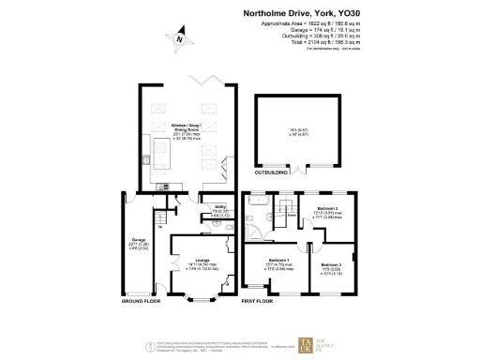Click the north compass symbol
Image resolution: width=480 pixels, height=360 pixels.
pyautogui.click(x=179, y=39)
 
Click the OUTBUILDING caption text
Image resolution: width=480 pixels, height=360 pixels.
pyautogui.click(x=272, y=172)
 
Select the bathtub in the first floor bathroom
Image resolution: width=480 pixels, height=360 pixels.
pyautogui.click(x=258, y=201)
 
